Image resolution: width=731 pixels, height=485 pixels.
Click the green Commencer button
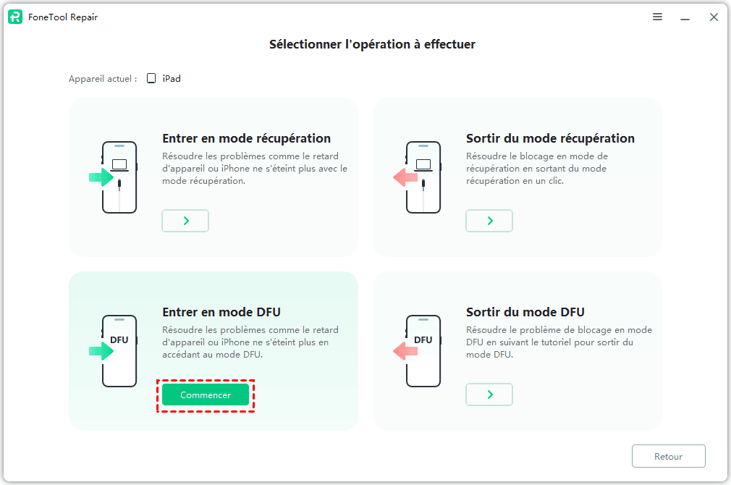coord(206,395)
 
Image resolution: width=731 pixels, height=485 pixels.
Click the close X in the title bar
coord(714,17)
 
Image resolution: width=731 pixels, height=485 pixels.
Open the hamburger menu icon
coord(657,17)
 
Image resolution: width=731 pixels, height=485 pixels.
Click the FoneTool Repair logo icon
coord(15,17)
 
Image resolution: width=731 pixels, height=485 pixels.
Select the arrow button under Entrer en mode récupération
coord(185,221)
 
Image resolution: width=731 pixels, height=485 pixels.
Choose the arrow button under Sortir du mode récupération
coord(489,221)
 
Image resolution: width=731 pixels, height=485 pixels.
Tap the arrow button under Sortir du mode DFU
coord(489,395)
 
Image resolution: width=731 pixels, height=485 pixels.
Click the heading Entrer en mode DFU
coord(221,312)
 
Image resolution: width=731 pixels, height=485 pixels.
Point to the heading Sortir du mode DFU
coord(525,312)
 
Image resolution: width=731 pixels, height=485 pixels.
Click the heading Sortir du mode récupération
coord(550,138)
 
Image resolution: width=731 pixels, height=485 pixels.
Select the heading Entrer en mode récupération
coord(247,138)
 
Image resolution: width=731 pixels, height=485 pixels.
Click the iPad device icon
coord(151,78)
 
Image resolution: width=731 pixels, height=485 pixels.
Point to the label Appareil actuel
coord(103,79)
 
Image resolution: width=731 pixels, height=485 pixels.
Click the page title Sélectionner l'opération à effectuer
coord(373,44)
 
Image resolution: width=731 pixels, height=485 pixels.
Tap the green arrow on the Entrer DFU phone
coord(101,350)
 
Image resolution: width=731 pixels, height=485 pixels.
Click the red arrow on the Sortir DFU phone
coord(405,350)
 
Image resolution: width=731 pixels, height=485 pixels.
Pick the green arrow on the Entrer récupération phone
coord(101,177)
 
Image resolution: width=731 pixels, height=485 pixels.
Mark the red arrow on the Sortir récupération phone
coord(405,177)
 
